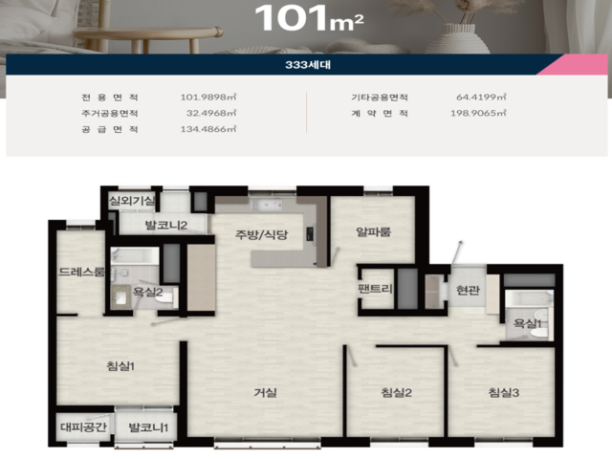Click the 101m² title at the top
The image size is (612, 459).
[x=309, y=18]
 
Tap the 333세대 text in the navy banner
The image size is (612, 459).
[x=308, y=64]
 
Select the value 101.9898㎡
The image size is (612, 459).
[x=208, y=98]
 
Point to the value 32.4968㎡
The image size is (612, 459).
[x=211, y=113]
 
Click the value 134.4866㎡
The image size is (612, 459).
[x=208, y=129]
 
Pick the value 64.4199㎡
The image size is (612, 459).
[x=481, y=98]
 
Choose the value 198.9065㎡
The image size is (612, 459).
[x=478, y=113]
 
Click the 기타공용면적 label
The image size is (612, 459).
[x=380, y=98]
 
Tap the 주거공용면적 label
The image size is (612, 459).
[x=110, y=113]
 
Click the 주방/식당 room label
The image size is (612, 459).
[x=261, y=234]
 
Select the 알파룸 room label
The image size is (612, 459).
[x=373, y=231]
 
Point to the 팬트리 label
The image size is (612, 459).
[x=375, y=289]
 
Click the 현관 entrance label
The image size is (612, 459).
[x=468, y=290]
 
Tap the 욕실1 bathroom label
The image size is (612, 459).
[x=527, y=323]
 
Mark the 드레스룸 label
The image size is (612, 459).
[x=81, y=272]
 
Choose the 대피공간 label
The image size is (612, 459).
[x=83, y=426]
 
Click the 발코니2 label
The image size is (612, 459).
[x=165, y=225]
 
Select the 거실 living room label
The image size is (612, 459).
[x=266, y=392]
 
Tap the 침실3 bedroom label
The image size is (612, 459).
[x=504, y=392]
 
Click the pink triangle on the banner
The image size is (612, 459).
[x=582, y=66]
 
